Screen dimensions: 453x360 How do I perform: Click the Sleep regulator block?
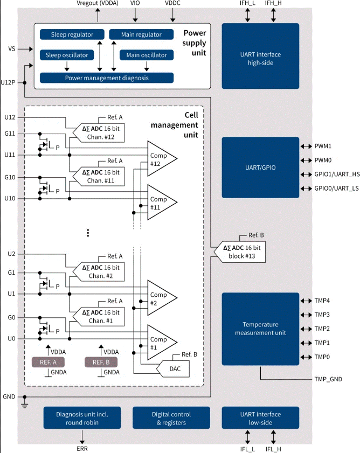[x=72, y=34]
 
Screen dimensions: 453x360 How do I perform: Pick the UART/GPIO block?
[x=260, y=168]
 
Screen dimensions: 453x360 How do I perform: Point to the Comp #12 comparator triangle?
[x=161, y=159]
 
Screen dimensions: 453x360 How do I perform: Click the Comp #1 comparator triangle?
[x=161, y=343]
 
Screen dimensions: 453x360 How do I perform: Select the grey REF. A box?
[x=49, y=362]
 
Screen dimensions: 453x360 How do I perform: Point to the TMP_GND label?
[x=329, y=379]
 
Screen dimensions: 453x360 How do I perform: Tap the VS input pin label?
[x=11, y=49]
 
